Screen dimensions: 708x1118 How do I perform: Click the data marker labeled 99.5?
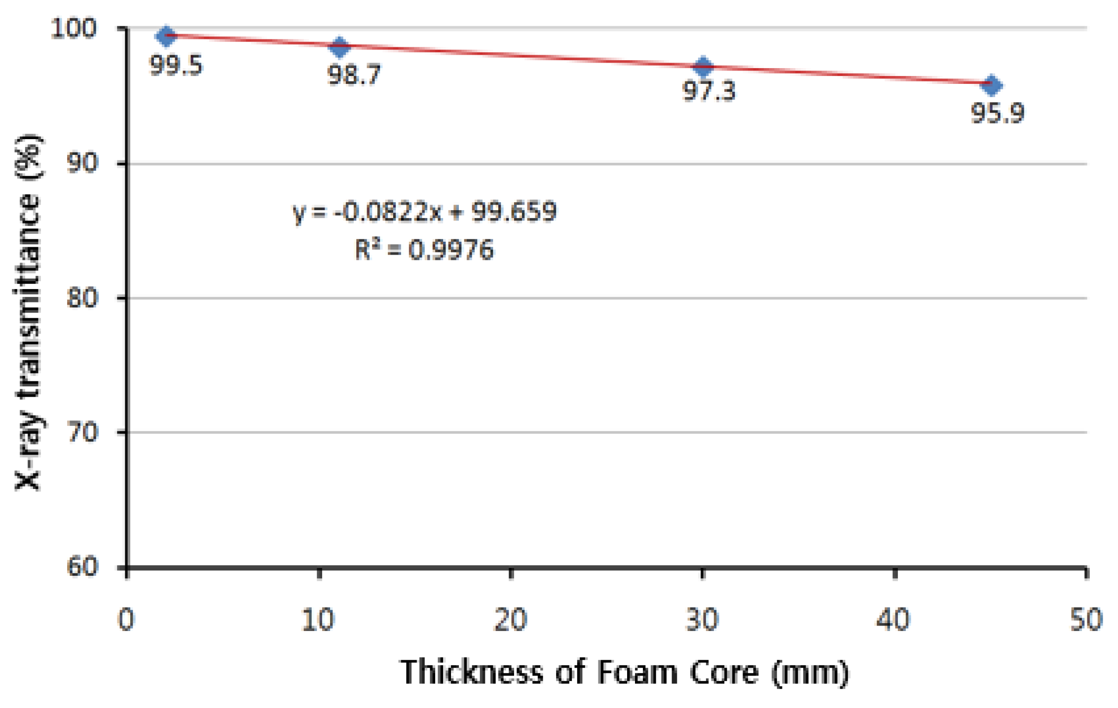click(x=166, y=36)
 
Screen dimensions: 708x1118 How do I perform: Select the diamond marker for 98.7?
click(x=339, y=47)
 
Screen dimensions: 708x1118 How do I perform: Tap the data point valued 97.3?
click(x=704, y=66)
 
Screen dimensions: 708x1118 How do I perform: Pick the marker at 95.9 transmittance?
click(x=992, y=85)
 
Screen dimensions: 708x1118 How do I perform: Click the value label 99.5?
click(x=176, y=66)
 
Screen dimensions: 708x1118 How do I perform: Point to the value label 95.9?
click(x=998, y=113)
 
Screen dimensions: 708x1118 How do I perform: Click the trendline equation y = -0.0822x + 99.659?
click(x=425, y=212)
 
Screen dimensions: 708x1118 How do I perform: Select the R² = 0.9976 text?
click(x=425, y=250)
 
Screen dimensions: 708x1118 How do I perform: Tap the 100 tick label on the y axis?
click(x=74, y=29)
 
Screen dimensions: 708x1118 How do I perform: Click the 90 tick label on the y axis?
click(x=82, y=163)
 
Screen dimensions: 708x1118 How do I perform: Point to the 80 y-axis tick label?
click(x=82, y=298)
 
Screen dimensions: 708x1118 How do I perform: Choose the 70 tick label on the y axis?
click(x=82, y=433)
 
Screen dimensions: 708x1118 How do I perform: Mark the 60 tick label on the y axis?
click(x=82, y=567)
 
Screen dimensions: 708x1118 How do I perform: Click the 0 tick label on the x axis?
click(x=126, y=620)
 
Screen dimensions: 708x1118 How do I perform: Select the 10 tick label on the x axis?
click(x=318, y=620)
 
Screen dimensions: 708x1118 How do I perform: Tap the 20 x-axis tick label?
click(x=510, y=620)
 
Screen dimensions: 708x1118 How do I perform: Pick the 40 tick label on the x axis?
click(x=894, y=620)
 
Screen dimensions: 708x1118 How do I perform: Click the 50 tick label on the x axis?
click(x=1086, y=620)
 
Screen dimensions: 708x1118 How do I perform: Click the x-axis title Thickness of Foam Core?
click(x=625, y=672)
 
